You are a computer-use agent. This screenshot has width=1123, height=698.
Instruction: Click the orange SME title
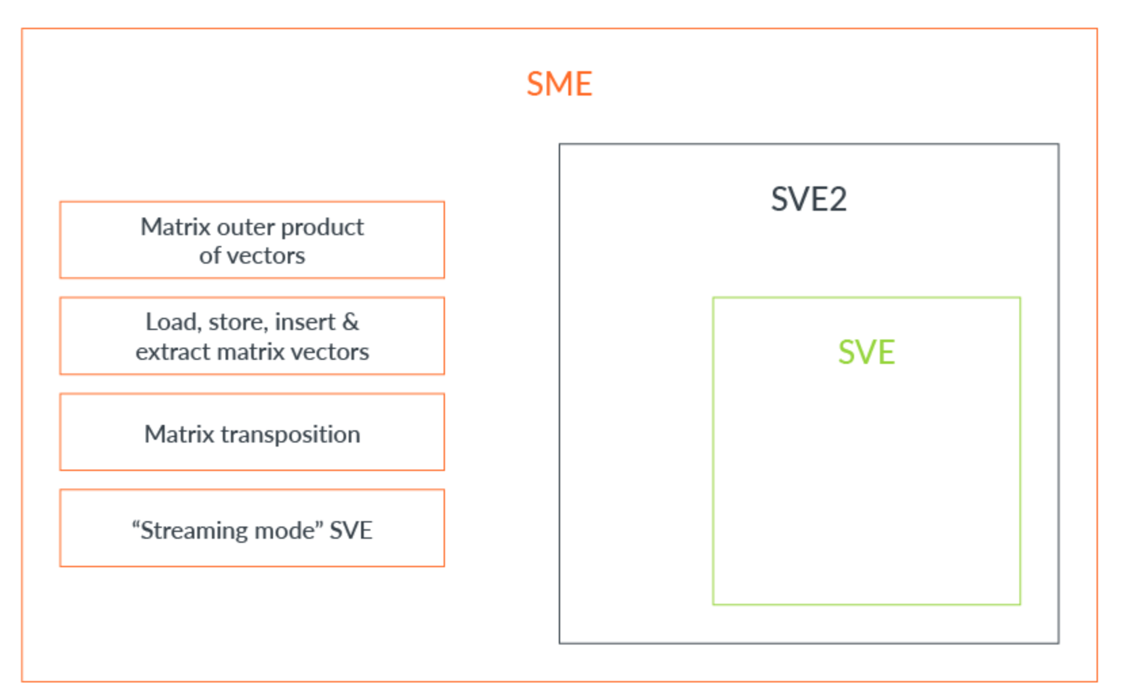coord(559,85)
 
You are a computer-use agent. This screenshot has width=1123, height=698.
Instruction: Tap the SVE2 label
coord(809,199)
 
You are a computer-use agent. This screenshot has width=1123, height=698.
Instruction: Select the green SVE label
coord(866,352)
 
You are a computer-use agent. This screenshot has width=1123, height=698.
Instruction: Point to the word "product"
coord(322,227)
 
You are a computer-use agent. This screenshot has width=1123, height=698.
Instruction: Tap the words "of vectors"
coord(252,256)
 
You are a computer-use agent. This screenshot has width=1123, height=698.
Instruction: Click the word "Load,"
coord(173,323)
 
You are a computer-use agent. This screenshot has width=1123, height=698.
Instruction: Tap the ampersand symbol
coord(351,323)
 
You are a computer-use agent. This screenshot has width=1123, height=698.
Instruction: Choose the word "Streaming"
coord(190,531)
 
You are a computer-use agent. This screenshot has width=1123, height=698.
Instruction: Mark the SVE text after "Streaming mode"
coord(351,531)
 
